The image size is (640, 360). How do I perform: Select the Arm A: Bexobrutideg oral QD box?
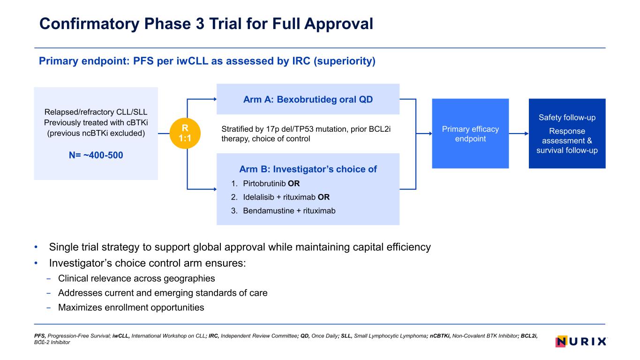308,99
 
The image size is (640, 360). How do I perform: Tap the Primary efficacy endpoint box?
470,134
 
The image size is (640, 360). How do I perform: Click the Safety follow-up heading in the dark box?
567,117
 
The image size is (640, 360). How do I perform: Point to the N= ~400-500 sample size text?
96,155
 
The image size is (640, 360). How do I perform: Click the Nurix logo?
581,341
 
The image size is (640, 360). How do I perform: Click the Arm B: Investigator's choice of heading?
308,169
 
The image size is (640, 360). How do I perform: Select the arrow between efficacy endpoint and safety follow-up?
519,134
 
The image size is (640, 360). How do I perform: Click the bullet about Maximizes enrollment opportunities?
131,307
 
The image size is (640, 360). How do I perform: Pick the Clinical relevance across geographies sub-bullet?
136,278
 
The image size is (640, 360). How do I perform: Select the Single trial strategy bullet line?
240,247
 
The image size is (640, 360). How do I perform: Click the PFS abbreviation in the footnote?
39,336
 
